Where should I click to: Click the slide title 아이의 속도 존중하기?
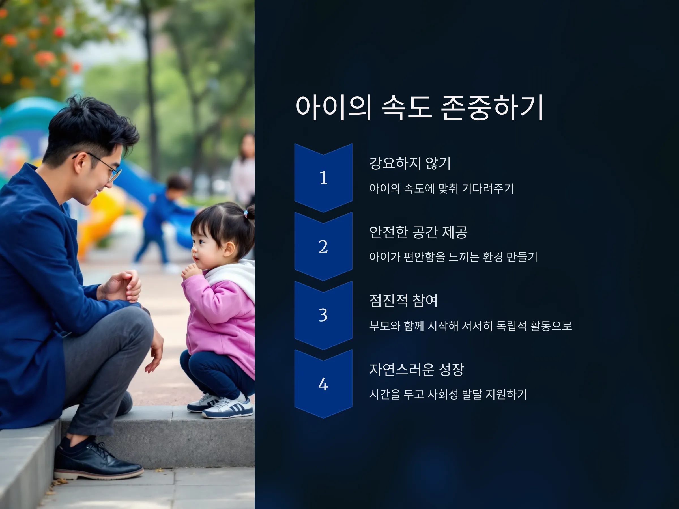coord(419,108)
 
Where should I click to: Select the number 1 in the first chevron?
coord(323,178)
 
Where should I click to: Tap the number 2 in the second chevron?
coord(323,246)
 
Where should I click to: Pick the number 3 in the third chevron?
coord(323,315)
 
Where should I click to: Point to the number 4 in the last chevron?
coord(323,384)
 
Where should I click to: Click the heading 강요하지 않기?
coord(410,163)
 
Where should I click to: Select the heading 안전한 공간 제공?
coord(418,232)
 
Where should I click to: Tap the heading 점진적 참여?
coord(403,300)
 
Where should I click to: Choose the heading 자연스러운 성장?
coord(416,369)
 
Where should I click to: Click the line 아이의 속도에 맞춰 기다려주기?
coord(441,188)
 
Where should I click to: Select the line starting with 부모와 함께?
coord(470,325)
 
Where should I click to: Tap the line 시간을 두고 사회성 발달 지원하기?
coord(448,394)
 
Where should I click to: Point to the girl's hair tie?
coord(246,213)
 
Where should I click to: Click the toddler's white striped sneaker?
coord(227,407)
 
